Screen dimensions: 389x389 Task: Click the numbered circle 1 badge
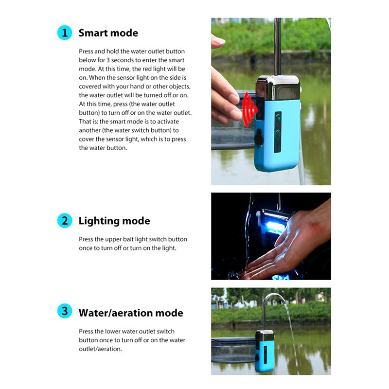[65, 33]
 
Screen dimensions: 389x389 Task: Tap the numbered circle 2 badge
[65, 221]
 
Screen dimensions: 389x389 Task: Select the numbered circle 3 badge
[65, 311]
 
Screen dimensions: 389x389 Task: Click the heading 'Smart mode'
[108, 33]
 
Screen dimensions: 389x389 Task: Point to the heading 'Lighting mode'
[114, 221]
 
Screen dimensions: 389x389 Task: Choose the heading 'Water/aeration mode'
[131, 313]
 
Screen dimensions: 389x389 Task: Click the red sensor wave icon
[249, 109]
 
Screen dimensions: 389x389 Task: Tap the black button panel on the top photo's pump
[278, 132]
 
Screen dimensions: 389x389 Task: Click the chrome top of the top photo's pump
[278, 88]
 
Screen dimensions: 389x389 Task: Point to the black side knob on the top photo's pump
[258, 137]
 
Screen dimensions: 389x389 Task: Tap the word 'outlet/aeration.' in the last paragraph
[101, 349]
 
